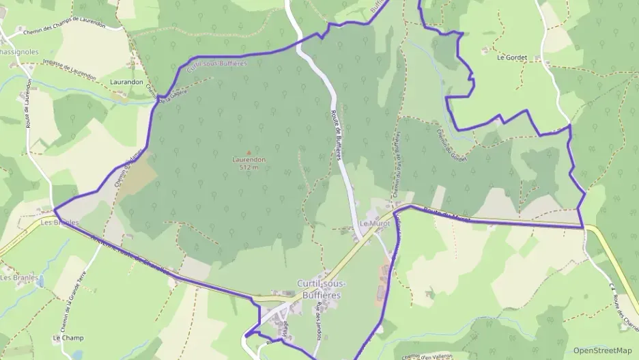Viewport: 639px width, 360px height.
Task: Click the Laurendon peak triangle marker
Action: pyautogui.click(x=248, y=152)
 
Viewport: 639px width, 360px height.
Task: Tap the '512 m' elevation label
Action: pyautogui.click(x=248, y=167)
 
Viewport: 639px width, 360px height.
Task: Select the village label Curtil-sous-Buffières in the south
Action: pyautogui.click(x=321, y=289)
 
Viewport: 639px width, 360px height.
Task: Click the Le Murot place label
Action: pyautogui.click(x=373, y=224)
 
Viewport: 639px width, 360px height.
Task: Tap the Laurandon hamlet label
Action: pyautogui.click(x=126, y=82)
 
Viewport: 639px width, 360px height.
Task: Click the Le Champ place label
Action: pyautogui.click(x=67, y=338)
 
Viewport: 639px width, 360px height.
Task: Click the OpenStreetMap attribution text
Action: pyautogui.click(x=603, y=350)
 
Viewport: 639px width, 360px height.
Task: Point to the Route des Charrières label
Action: pyautogui.click(x=624, y=311)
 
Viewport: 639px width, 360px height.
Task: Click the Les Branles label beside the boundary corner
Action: pyautogui.click(x=59, y=223)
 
